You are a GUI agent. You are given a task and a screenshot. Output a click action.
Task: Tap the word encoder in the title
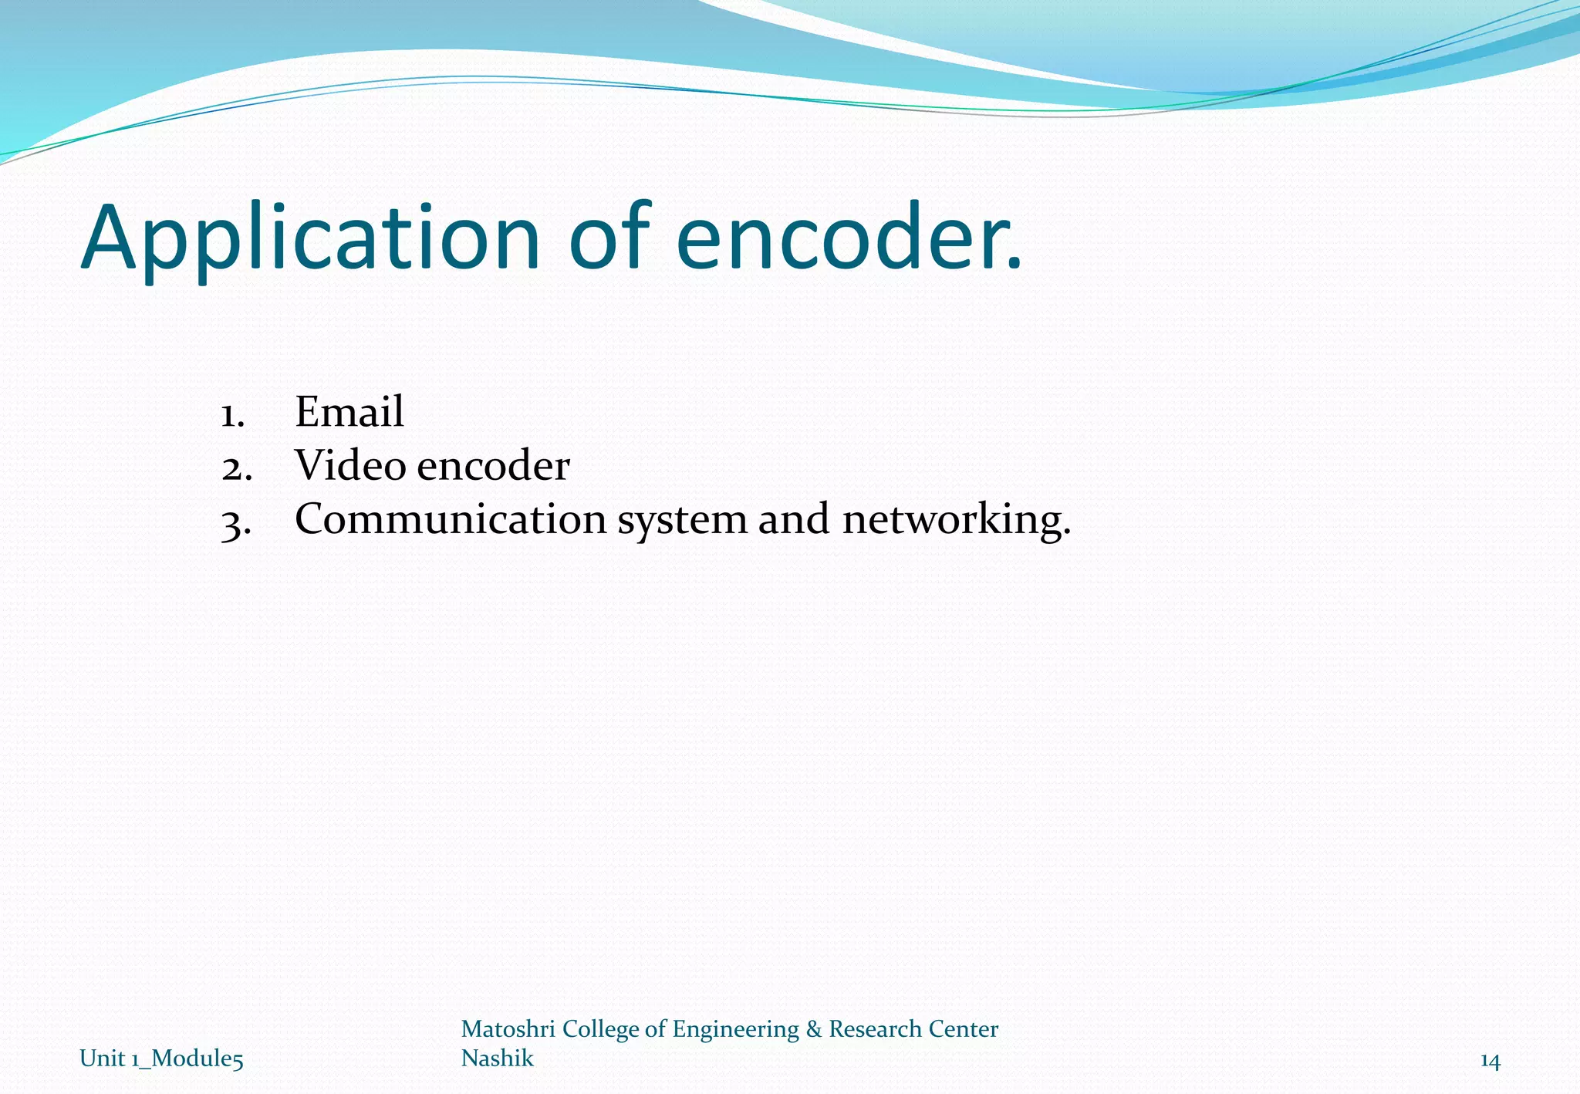(849, 239)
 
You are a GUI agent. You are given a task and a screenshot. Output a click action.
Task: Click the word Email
(349, 411)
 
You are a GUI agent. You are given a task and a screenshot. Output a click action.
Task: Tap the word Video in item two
(350, 465)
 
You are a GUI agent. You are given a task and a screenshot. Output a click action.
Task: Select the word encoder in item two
(493, 465)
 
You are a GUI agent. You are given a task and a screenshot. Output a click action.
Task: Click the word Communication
(451, 518)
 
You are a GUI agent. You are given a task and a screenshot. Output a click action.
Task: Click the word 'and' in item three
(795, 518)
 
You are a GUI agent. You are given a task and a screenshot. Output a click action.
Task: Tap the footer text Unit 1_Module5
(161, 1059)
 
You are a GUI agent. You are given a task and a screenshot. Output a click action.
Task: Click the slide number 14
(1490, 1062)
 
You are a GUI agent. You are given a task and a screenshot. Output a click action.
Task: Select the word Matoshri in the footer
(508, 1029)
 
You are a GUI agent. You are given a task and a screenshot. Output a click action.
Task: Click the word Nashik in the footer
(497, 1058)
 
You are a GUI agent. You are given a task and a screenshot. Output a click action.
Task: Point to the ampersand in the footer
(813, 1029)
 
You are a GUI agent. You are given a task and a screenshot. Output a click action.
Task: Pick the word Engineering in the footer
(736, 1030)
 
